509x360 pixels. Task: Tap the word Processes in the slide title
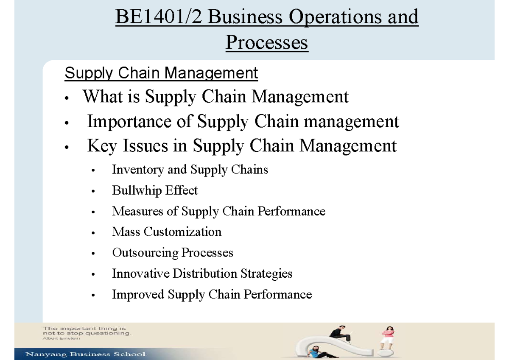(x=267, y=42)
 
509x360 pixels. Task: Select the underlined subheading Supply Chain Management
(x=161, y=73)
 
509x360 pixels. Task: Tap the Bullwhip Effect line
(x=155, y=190)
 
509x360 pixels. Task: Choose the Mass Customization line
(x=167, y=232)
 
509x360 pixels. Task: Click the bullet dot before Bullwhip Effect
(x=93, y=192)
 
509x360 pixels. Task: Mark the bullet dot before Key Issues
(x=66, y=148)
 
